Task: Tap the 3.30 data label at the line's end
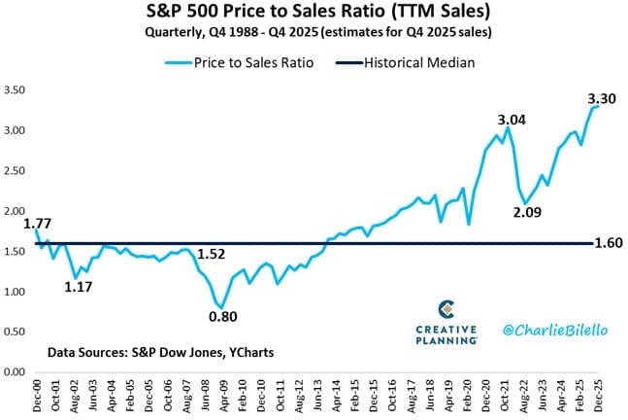click(604, 98)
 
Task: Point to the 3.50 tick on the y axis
click(16, 89)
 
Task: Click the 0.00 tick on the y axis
click(16, 371)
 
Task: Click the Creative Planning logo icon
click(446, 309)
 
